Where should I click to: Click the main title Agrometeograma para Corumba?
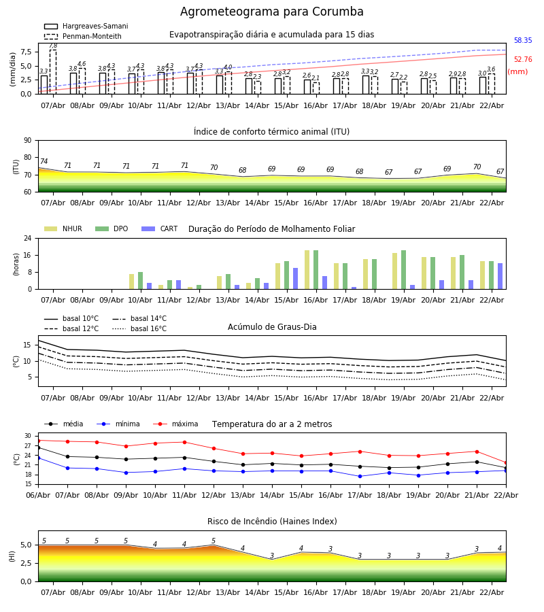(272, 12)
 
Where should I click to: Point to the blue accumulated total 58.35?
(523, 41)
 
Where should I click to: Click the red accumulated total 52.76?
(523, 60)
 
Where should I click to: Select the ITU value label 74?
(44, 162)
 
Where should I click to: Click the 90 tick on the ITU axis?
(27, 140)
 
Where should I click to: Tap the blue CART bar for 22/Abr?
(500, 276)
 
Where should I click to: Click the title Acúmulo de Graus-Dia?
(272, 327)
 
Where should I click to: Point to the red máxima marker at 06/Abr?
(38, 441)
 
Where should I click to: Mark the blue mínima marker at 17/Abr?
(360, 476)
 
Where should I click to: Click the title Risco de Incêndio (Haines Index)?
(272, 522)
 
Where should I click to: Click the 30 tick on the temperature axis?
(28, 436)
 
